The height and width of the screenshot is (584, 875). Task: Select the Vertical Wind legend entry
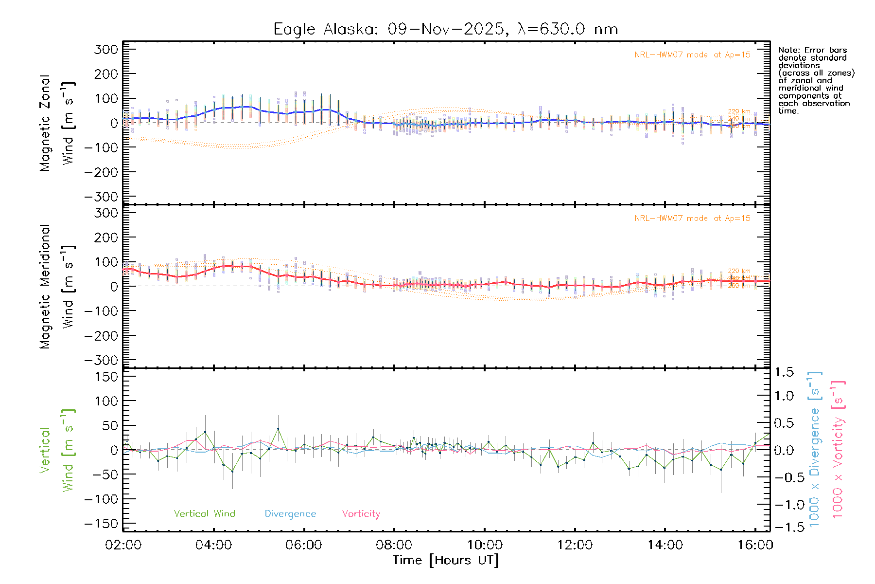click(x=204, y=513)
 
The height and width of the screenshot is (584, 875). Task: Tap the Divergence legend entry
click(x=290, y=513)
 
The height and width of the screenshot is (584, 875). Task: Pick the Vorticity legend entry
click(x=361, y=513)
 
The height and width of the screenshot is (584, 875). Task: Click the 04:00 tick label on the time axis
click(x=213, y=545)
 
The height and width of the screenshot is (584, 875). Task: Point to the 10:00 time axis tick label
click(x=484, y=545)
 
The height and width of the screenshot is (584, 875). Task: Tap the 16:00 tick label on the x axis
click(x=755, y=545)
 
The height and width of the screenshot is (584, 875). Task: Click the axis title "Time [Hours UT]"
click(x=446, y=560)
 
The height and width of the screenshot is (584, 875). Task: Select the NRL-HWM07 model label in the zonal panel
click(x=692, y=55)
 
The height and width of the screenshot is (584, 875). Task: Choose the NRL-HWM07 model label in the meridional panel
click(x=692, y=218)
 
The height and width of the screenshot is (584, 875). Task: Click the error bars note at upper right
click(x=816, y=80)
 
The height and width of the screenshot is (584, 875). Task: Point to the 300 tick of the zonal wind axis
click(x=106, y=49)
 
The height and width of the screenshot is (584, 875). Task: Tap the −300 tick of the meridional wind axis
click(x=101, y=360)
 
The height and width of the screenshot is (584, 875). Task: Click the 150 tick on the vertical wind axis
click(x=106, y=377)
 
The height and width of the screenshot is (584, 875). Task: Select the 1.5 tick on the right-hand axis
click(x=784, y=372)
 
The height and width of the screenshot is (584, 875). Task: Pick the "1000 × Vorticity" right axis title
click(x=838, y=449)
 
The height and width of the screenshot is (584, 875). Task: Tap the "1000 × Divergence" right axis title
click(x=814, y=449)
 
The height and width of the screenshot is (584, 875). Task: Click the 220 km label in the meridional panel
click(x=739, y=271)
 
